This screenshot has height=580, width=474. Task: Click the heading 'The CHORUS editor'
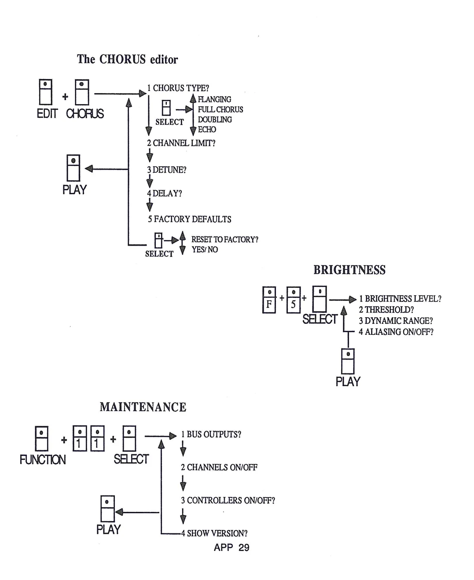(x=127, y=59)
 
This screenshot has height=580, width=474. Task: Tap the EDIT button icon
(x=45, y=92)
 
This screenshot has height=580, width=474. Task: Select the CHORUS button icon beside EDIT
(x=81, y=92)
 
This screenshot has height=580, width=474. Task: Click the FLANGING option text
(x=214, y=99)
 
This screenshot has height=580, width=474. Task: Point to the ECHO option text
(x=207, y=130)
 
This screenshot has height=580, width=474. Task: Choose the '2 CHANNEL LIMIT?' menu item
(x=181, y=143)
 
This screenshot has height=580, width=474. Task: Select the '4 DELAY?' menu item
(x=164, y=193)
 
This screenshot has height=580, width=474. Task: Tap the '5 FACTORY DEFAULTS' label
(x=189, y=219)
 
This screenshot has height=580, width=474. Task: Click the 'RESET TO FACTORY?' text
(x=224, y=239)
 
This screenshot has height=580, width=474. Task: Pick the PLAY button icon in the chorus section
(x=73, y=167)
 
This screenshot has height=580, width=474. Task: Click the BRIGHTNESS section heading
(x=349, y=270)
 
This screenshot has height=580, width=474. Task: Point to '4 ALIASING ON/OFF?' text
(x=396, y=332)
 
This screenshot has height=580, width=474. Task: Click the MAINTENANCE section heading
(x=143, y=407)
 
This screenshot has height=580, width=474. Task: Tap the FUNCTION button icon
(x=41, y=439)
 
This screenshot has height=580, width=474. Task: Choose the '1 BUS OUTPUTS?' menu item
(x=211, y=435)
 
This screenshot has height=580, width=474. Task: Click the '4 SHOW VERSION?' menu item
(x=214, y=533)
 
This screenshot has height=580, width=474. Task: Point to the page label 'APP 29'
(x=231, y=547)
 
